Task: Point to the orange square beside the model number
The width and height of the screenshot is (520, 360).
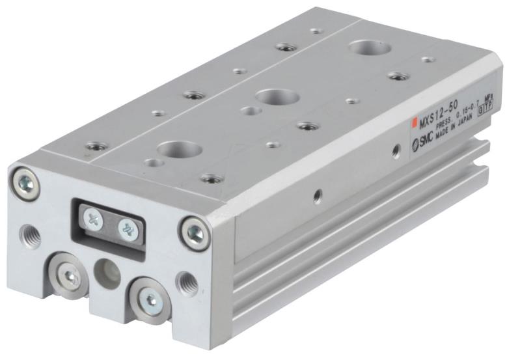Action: [x=413, y=123]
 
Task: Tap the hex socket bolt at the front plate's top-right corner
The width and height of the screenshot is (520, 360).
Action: [x=193, y=229]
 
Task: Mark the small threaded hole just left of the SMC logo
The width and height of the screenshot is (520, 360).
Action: [x=395, y=151]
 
